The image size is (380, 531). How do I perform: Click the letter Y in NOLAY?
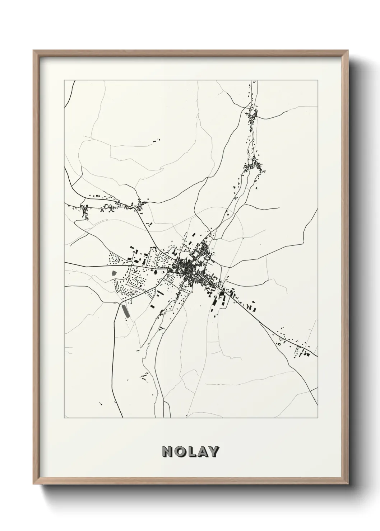[213, 452]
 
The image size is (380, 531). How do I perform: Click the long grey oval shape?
[126, 311]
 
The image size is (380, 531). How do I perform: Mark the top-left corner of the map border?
[64, 81]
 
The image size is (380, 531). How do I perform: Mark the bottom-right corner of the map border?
[318, 418]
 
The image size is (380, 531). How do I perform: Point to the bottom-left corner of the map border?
[64, 418]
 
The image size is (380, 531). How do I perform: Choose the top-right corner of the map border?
[318, 81]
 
